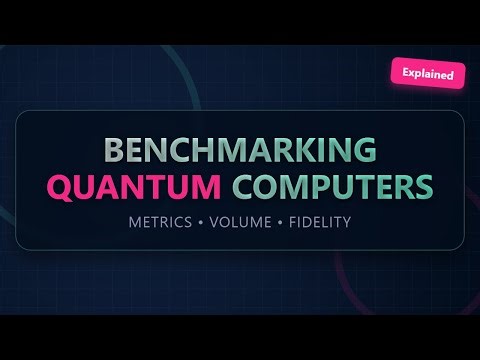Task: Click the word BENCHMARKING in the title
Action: [240, 150]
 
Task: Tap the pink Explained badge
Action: [427, 73]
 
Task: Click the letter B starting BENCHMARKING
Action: [112, 150]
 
